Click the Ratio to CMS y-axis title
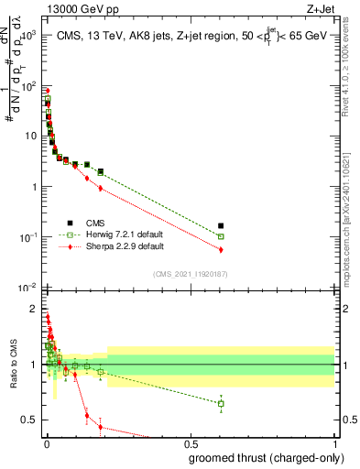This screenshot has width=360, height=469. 13,366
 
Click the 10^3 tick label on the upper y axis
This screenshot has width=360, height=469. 27,34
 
